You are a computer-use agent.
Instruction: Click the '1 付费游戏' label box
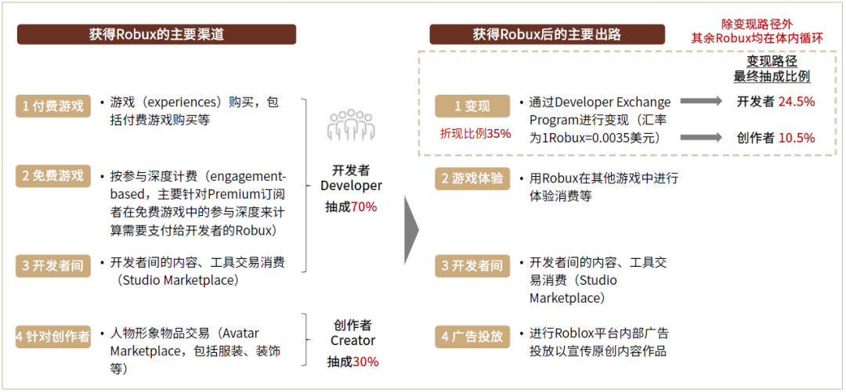[53, 106]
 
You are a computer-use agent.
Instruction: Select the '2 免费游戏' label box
[53, 176]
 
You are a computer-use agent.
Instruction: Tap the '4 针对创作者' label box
[53, 336]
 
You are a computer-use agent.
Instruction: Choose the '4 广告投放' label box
[472, 336]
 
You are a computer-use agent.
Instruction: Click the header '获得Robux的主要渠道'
[157, 34]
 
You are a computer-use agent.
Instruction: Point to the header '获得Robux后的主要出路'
[547, 34]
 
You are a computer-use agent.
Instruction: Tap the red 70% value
[364, 207]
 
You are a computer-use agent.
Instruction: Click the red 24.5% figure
[797, 102]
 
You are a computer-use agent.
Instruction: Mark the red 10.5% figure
[797, 138]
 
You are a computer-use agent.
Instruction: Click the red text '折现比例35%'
[475, 134]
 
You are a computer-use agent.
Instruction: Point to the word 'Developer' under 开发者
[351, 186]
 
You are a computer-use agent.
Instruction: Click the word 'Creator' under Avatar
[352, 341]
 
